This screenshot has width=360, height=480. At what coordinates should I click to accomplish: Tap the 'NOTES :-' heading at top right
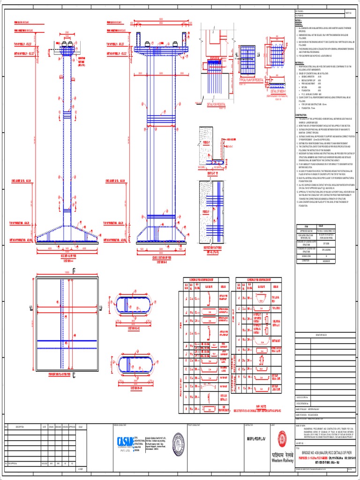299,21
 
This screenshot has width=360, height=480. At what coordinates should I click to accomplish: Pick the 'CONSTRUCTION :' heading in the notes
302,114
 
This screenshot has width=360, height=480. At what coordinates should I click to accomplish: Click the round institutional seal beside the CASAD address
176,443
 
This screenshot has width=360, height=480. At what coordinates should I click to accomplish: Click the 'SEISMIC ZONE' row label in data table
307,256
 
